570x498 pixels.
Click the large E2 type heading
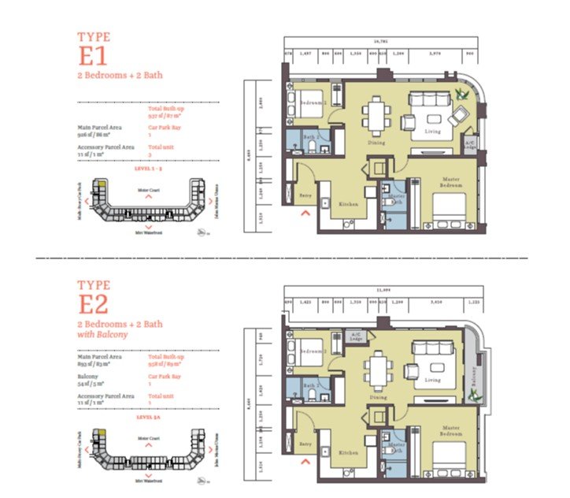point(94,303)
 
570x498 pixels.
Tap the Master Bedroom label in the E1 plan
point(451,181)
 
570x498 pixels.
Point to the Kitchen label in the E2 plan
point(349,454)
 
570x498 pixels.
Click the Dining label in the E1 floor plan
point(376,143)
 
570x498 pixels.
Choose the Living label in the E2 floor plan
point(432,381)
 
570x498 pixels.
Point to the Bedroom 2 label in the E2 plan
point(313,351)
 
